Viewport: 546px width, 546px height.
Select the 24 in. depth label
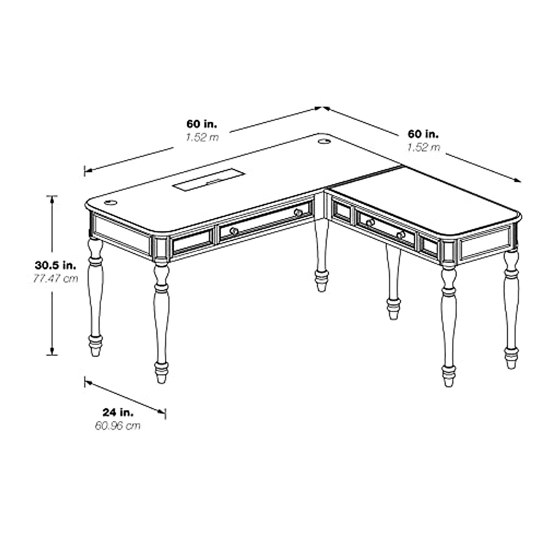click(118, 413)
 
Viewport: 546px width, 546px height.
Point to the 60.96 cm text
click(118, 426)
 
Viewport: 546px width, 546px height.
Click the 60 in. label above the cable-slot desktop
click(202, 124)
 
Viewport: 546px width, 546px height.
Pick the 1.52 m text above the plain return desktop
click(423, 147)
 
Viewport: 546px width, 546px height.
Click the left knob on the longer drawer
click(234, 231)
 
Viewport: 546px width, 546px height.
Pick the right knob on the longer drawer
click(298, 212)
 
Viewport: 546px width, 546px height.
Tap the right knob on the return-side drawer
click(400, 235)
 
